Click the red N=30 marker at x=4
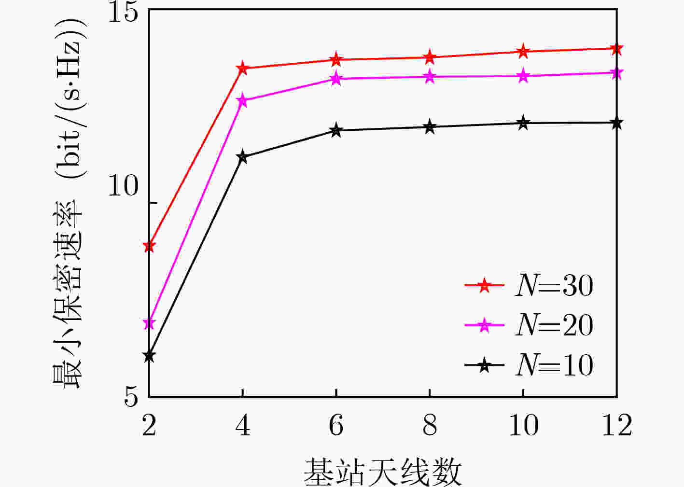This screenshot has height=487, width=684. tap(242, 68)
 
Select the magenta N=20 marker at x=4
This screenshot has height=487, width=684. tap(242, 100)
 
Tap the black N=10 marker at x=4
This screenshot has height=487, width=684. tap(242, 157)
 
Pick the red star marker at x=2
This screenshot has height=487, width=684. tap(149, 246)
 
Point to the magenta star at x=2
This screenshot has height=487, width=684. tap(149, 323)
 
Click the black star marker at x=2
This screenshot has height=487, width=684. tap(149, 356)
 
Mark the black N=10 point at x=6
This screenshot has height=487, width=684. tap(336, 130)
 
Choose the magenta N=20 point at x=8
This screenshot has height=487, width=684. tap(430, 76)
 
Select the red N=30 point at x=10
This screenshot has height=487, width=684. tap(523, 51)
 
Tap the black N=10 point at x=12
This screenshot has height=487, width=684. tap(616, 123)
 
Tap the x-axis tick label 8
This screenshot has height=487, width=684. tap(430, 426)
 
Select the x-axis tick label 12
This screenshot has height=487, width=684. tap(617, 426)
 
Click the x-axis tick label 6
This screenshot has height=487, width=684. tap(336, 426)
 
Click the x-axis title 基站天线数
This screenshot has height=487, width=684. tap(382, 472)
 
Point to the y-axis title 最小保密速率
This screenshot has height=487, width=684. tap(67, 294)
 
